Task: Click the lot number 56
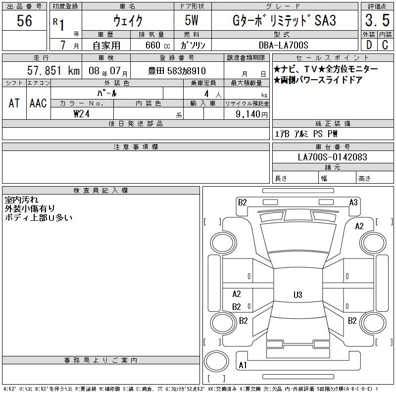(x=24, y=20)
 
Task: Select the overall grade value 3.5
(x=377, y=20)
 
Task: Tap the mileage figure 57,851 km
(x=53, y=70)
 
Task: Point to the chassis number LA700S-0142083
(x=332, y=157)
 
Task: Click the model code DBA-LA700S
(x=283, y=45)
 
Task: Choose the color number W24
(x=82, y=114)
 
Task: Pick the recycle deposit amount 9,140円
(x=251, y=114)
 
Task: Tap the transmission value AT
(x=14, y=103)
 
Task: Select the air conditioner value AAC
(x=38, y=103)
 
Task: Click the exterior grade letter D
(x=369, y=45)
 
